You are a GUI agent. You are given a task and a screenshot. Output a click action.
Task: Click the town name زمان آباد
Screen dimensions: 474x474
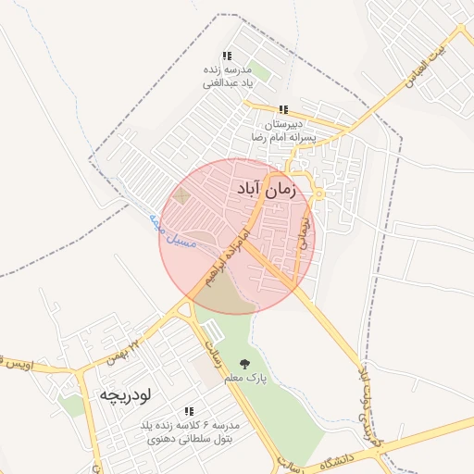point(265,190)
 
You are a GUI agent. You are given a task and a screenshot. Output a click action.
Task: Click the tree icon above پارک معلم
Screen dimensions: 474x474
point(244,364)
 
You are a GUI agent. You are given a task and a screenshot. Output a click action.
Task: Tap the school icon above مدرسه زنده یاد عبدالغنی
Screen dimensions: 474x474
point(228,56)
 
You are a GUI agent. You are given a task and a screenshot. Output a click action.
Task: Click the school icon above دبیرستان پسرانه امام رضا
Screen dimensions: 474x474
point(283,109)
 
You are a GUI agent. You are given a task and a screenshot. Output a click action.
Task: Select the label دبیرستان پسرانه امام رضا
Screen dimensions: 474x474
point(284,131)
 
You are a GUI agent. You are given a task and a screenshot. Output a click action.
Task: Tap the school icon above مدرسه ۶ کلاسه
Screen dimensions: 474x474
point(190,410)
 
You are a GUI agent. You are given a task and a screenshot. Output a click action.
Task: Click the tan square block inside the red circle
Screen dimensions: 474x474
point(181,196)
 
